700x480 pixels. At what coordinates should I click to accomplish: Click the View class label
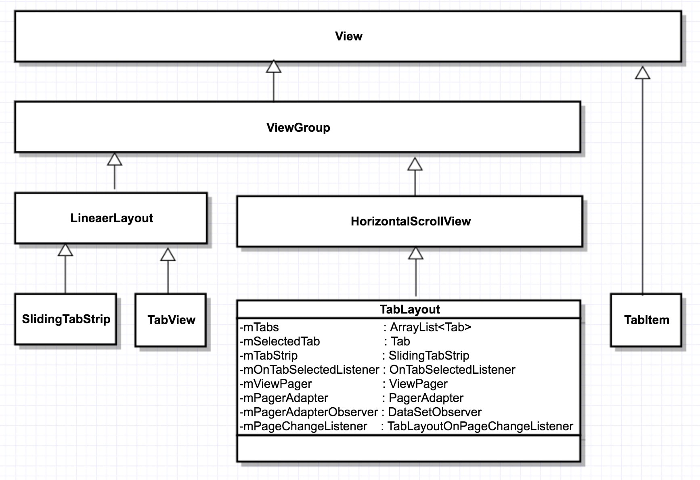[348, 36]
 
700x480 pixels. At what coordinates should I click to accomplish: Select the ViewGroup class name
[298, 128]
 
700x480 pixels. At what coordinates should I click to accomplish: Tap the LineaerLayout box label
[111, 218]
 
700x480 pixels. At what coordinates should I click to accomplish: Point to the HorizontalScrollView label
[410, 221]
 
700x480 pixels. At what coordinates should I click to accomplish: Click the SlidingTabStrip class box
[66, 319]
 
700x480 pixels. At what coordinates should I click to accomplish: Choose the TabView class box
[171, 320]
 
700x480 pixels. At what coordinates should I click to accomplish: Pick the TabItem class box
[646, 320]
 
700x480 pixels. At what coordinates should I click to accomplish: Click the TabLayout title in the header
[409, 309]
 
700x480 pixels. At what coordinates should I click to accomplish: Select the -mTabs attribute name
[259, 327]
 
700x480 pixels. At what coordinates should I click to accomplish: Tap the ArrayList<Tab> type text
[430, 327]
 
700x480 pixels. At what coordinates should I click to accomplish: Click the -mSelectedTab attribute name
[279, 341]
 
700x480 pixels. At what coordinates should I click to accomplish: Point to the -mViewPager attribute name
[275, 384]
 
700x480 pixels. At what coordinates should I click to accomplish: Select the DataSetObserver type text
[434, 412]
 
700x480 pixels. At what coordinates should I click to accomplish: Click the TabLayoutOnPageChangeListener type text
[480, 426]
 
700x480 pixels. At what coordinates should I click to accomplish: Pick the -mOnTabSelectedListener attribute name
[309, 370]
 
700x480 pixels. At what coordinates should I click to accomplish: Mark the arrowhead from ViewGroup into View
[274, 67]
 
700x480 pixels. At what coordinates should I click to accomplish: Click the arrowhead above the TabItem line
[642, 73]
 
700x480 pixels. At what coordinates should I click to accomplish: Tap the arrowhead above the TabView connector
[168, 255]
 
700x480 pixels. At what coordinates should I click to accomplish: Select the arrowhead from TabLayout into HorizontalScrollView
[415, 254]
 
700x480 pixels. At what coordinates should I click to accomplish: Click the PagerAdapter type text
[426, 398]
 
